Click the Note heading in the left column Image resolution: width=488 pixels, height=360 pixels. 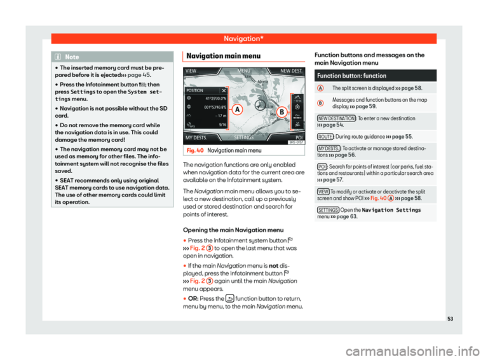point(71,57)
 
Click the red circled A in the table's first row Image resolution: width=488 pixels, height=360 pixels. point(322,88)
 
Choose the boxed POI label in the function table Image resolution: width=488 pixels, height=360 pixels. point(322,183)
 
